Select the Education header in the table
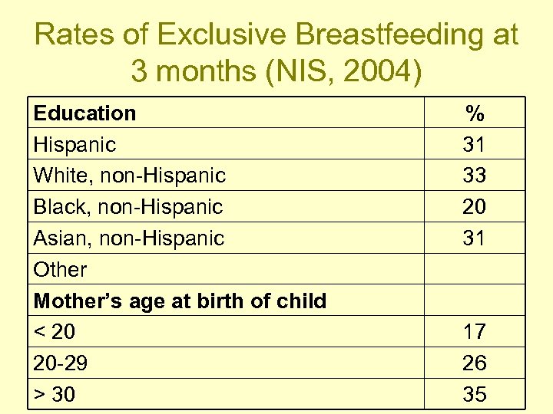(84, 113)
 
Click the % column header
(475, 113)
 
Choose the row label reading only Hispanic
(75, 144)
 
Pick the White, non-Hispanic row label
(129, 176)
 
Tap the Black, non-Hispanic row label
(127, 207)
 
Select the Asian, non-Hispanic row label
(128, 238)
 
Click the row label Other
(60, 270)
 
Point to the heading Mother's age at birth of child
(180, 301)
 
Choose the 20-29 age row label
(60, 363)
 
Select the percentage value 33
(475, 176)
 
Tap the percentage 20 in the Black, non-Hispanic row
(475, 207)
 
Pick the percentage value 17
(475, 332)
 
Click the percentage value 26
(475, 363)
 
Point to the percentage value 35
(475, 395)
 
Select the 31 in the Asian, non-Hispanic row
(475, 238)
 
